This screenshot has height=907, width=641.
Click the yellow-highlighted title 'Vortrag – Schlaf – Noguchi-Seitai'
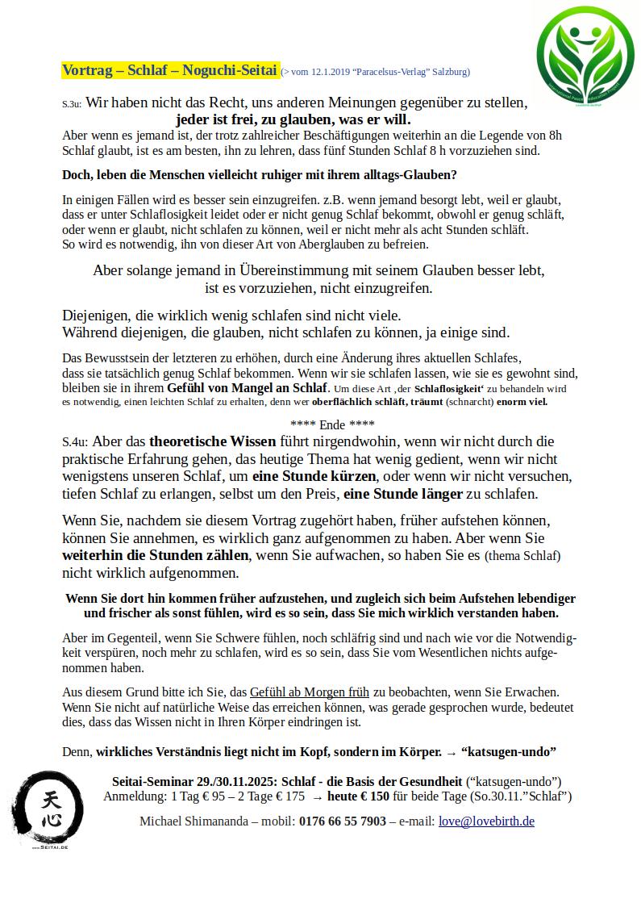(x=170, y=70)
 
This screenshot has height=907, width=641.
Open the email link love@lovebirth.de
(x=486, y=821)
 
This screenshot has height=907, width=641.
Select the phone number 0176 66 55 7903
(x=342, y=821)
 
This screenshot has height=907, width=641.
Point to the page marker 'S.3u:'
(x=72, y=105)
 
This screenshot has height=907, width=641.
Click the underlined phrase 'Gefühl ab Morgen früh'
(x=310, y=692)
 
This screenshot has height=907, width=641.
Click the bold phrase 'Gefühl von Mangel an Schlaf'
(x=247, y=388)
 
